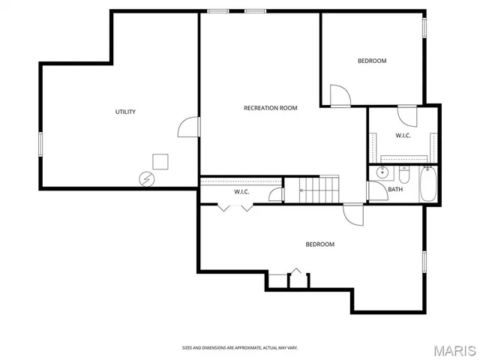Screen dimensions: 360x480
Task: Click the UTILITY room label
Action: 125,112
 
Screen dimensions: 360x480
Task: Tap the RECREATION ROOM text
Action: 270,108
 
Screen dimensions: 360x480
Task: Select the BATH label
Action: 395,189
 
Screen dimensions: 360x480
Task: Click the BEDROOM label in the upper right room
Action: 371,61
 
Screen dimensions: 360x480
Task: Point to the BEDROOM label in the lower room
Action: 319,244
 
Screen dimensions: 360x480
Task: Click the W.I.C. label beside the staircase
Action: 241,192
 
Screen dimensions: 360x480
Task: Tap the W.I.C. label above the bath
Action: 403,136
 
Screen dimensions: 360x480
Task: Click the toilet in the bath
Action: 403,176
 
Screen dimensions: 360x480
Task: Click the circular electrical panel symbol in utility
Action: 146,178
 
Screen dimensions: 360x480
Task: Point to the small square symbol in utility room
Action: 160,161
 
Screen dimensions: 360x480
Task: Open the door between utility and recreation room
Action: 190,127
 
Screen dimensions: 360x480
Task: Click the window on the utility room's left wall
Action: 40,143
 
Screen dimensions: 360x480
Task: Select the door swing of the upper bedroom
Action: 340,95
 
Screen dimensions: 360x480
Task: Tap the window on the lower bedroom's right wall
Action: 424,261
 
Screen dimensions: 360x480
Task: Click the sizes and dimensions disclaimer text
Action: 239,347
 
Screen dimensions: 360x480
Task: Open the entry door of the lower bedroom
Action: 354,213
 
